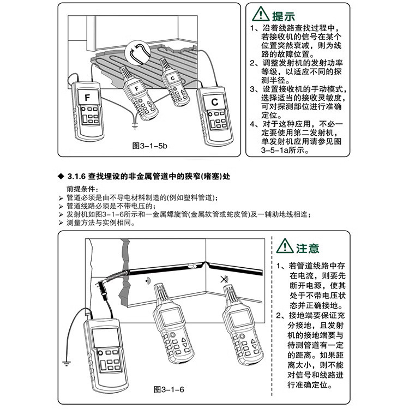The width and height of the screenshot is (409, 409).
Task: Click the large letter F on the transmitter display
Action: [88, 98]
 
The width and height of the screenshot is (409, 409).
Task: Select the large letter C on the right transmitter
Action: [214, 101]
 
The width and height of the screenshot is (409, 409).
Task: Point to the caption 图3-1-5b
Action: [150, 146]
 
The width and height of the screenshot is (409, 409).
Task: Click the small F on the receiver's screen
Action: [134, 86]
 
